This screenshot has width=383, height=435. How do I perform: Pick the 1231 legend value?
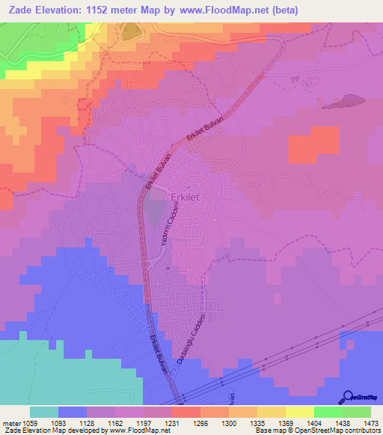click(172, 422)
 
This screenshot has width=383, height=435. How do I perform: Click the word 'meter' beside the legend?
click(9, 422)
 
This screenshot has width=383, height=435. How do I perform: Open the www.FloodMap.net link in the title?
click(252, 10)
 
